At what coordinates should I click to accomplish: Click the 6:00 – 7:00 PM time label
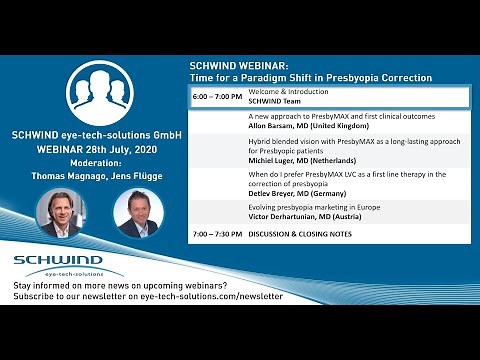click(x=216, y=97)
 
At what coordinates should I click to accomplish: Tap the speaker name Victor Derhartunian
click(x=290, y=215)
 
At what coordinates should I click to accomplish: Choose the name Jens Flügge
click(x=137, y=173)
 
